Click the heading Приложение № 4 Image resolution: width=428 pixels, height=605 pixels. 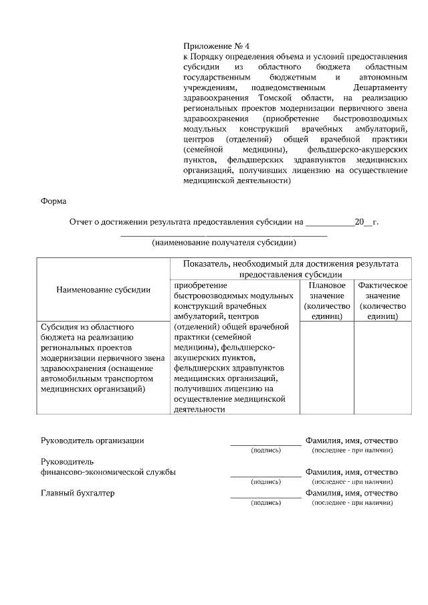click(216, 46)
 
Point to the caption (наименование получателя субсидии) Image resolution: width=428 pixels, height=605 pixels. click(223, 242)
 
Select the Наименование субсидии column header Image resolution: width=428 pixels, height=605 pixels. click(103, 289)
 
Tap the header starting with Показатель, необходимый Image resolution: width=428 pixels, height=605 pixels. click(290, 269)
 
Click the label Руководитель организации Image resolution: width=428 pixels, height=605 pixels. click(92, 441)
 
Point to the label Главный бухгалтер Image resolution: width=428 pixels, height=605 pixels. click(78, 493)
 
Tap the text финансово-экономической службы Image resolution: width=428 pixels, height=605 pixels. click(108, 472)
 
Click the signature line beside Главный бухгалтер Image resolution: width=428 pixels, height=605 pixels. click(265, 497)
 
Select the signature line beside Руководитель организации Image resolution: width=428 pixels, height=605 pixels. click(265, 444)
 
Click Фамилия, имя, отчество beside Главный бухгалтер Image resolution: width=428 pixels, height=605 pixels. click(352, 493)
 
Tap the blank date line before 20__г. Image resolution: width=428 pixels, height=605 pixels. click(330, 223)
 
